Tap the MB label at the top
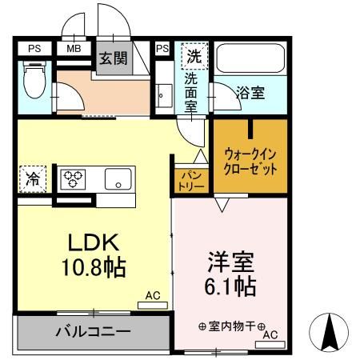click(73, 49)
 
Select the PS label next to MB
click(34, 49)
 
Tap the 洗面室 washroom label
click(193, 94)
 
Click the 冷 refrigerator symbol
click(34, 178)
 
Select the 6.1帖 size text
click(229, 286)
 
